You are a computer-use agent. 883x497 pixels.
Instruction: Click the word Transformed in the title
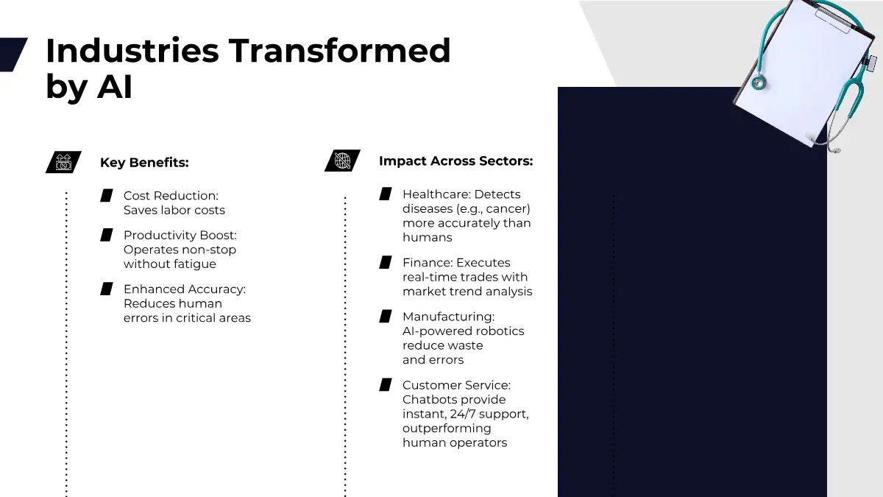point(339,51)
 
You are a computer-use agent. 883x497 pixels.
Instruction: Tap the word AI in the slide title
point(115,86)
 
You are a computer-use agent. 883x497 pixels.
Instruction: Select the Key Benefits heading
point(144,162)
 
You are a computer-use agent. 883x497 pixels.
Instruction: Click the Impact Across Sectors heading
point(455,161)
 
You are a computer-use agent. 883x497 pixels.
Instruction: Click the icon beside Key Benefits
point(63,162)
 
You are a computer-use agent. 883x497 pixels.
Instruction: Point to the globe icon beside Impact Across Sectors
point(342,161)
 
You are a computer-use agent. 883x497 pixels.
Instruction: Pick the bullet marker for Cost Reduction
point(107,196)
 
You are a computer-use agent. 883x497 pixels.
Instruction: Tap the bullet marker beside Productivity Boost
point(107,235)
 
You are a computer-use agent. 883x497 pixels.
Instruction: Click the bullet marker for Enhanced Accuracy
point(107,289)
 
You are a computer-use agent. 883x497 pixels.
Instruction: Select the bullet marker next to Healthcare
point(386,194)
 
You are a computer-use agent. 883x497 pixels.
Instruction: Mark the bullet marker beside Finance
point(386,262)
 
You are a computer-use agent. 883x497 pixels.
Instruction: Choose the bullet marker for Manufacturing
point(386,317)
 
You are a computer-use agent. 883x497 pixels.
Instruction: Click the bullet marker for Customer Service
point(386,384)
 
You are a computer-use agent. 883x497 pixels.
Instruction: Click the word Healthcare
point(436,194)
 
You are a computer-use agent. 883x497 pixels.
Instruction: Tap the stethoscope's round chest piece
point(759,82)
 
